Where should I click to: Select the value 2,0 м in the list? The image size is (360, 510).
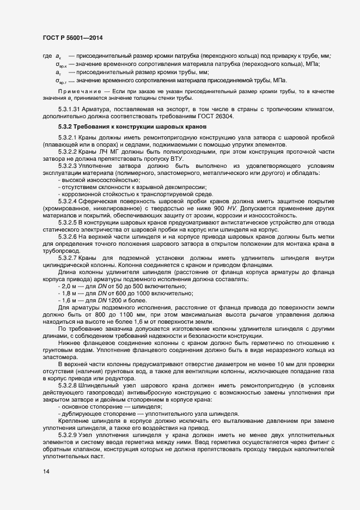(70, 287)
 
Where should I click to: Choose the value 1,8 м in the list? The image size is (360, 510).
(70, 293)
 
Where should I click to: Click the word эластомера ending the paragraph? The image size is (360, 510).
(58, 357)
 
